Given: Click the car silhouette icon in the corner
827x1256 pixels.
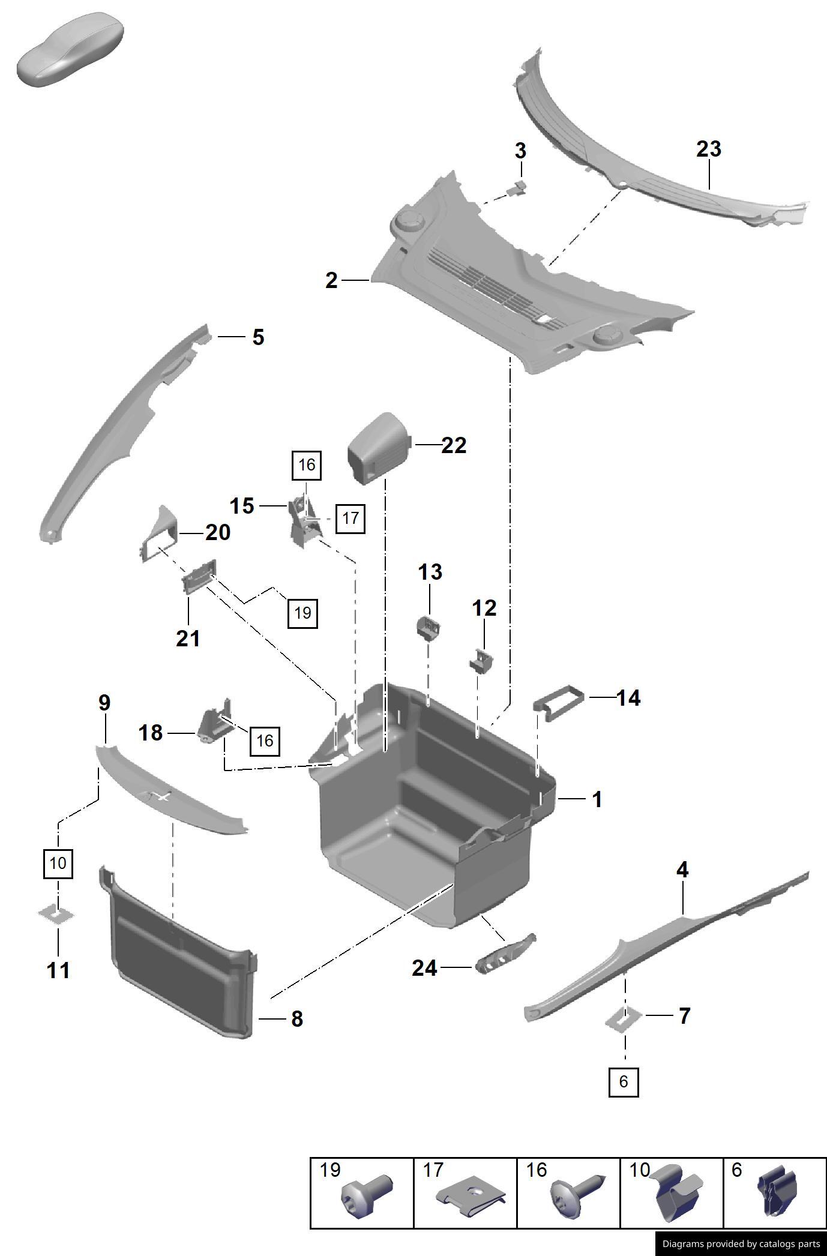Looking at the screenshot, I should (x=71, y=50).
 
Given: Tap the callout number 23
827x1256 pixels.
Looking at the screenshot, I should (x=708, y=149).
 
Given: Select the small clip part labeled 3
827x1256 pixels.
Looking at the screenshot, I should (x=517, y=188).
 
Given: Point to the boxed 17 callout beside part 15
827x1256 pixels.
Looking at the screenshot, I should (x=350, y=517).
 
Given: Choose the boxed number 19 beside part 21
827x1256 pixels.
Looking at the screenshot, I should (x=302, y=613).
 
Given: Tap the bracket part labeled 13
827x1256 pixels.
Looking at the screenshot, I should (x=429, y=627).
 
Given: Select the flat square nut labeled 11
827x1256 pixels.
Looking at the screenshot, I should (x=56, y=914).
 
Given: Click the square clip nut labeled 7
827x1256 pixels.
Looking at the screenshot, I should (x=624, y=1017).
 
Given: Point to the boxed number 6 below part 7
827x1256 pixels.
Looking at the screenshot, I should (x=623, y=1081).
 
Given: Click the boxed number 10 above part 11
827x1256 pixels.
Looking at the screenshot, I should (x=58, y=864).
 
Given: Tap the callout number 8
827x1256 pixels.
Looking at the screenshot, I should (x=296, y=1018).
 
